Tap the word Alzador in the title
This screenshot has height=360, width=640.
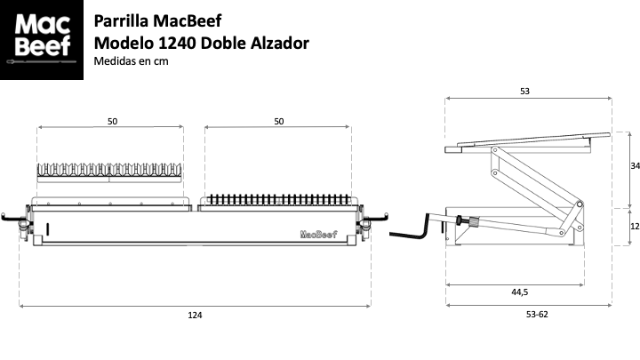pyautogui.click(x=280, y=43)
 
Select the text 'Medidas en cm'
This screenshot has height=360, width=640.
pyautogui.click(x=131, y=61)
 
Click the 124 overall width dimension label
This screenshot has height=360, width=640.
pyautogui.click(x=195, y=315)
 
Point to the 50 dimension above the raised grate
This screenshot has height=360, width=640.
pyautogui.click(x=112, y=121)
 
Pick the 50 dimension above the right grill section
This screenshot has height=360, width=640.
pyautogui.click(x=279, y=121)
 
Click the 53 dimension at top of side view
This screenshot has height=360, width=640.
pyautogui.click(x=525, y=91)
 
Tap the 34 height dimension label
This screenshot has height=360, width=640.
pyautogui.click(x=635, y=165)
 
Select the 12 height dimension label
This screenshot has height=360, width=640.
pyautogui.click(x=635, y=226)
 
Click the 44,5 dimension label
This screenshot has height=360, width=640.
pyautogui.click(x=520, y=292)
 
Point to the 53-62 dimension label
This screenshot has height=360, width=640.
pyautogui.click(x=537, y=315)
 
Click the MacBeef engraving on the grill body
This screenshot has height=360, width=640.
pyautogui.click(x=319, y=234)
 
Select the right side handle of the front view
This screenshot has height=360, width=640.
pyautogui.click(x=374, y=219)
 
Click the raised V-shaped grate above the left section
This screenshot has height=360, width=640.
pyautogui.click(x=109, y=172)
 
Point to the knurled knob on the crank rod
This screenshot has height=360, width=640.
pyautogui.click(x=473, y=221)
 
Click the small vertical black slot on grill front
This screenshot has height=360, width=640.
pyautogui.click(x=48, y=229)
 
